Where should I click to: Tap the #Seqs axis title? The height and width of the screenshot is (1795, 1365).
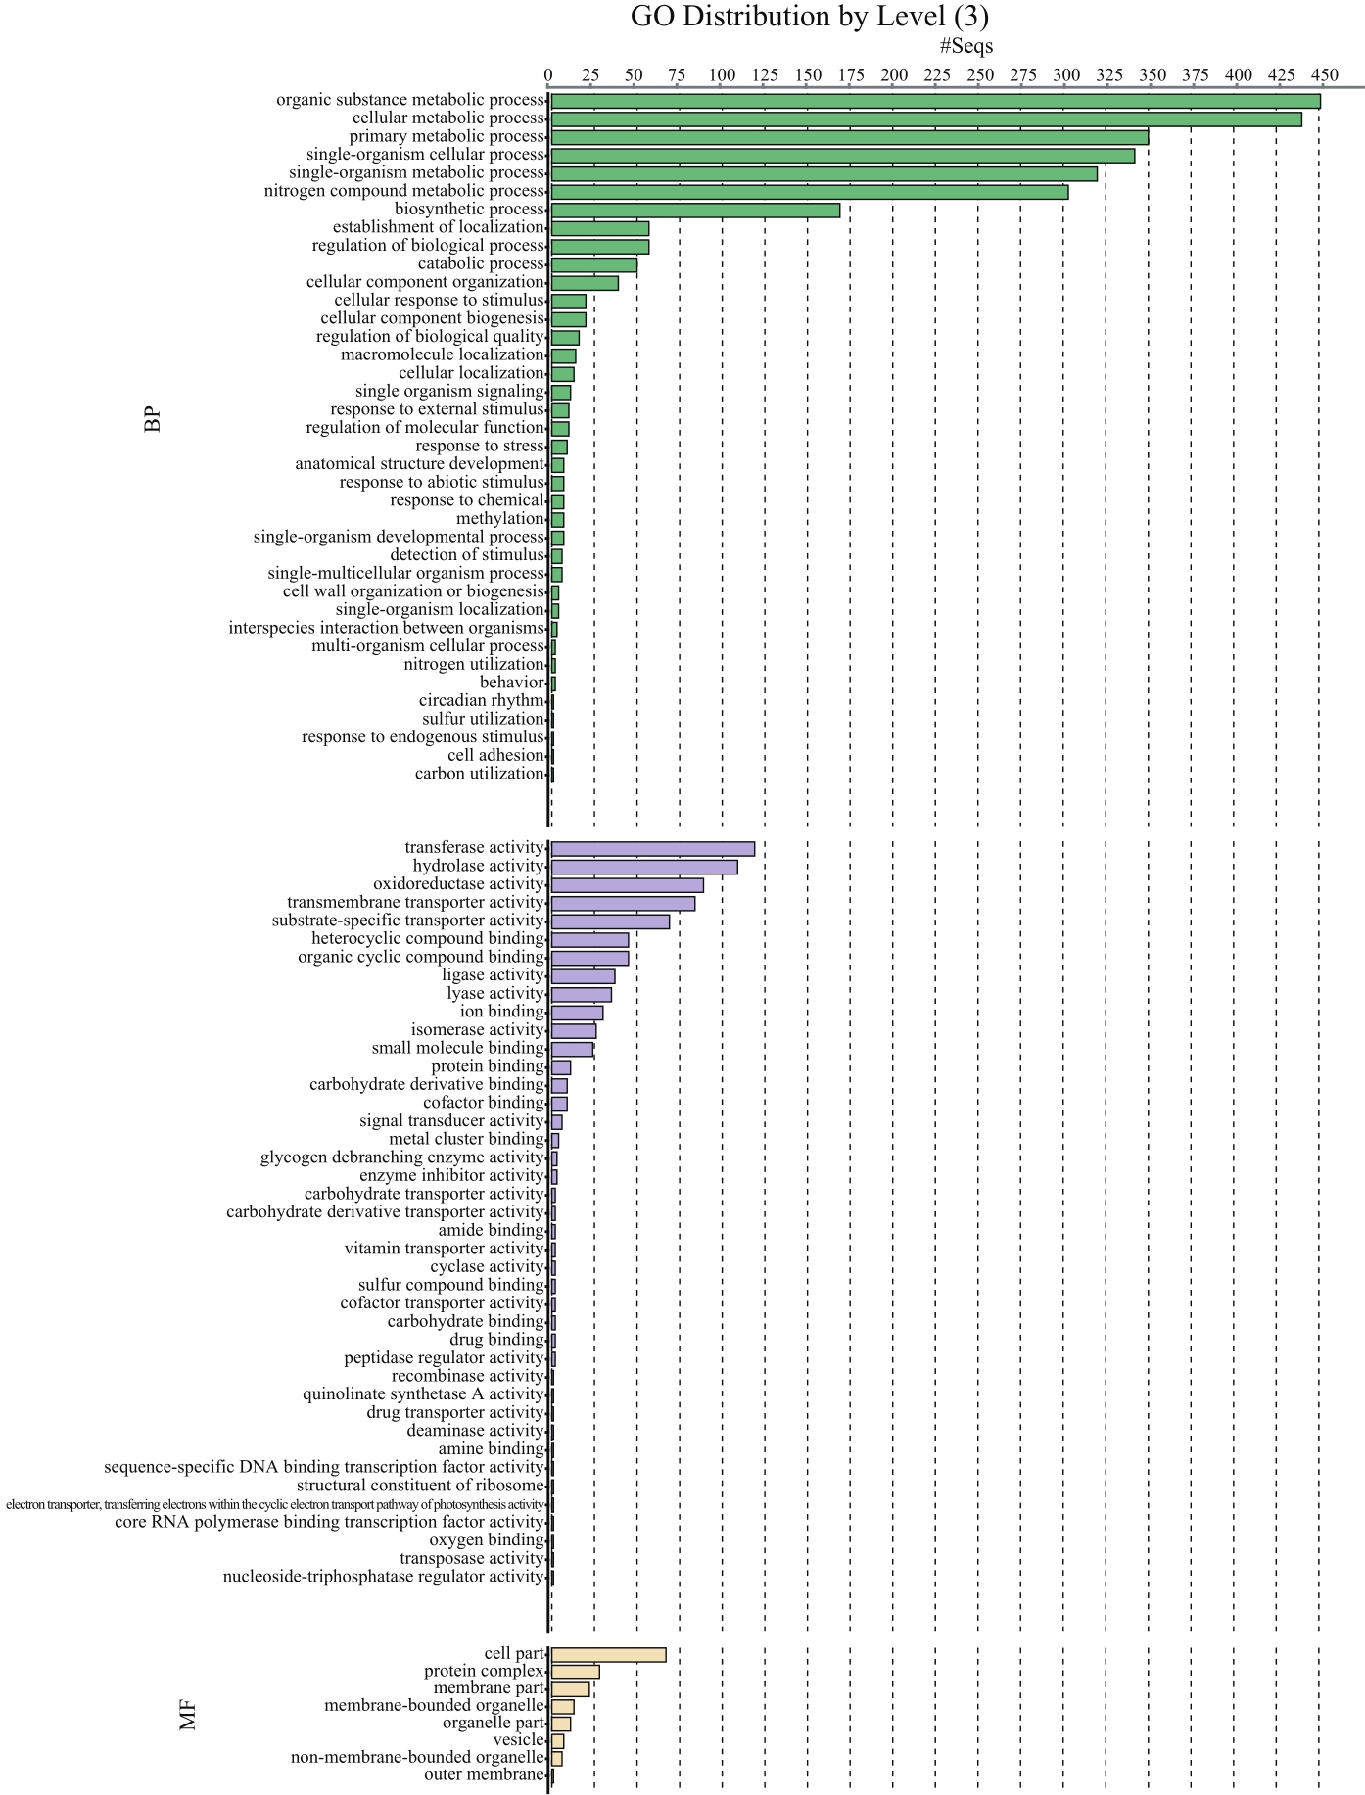pyautogui.click(x=965, y=46)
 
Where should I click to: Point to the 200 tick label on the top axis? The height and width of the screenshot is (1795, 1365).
pyautogui.click(x=893, y=75)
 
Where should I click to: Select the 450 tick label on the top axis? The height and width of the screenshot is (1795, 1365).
pyautogui.click(x=1324, y=75)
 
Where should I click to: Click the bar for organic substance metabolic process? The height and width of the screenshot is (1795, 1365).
pyautogui.click(x=935, y=101)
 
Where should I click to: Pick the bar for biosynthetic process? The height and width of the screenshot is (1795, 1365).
pyautogui.click(x=695, y=210)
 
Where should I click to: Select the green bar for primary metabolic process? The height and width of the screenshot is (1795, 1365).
pyautogui.click(x=849, y=137)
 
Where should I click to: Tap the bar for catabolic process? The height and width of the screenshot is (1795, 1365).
pyautogui.click(x=593, y=264)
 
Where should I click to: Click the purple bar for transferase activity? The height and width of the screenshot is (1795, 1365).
pyautogui.click(x=652, y=848)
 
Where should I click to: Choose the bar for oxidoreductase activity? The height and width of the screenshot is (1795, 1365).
pyautogui.click(x=627, y=885)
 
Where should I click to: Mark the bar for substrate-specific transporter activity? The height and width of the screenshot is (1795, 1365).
pyautogui.click(x=610, y=921)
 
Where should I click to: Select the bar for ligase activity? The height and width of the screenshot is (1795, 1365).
pyautogui.click(x=583, y=976)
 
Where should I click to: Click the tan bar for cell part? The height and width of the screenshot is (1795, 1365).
pyautogui.click(x=608, y=1654)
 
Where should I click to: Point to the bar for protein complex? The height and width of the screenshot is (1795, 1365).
pyautogui.click(x=575, y=1672)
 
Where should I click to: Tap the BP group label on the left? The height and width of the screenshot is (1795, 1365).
pyautogui.click(x=153, y=419)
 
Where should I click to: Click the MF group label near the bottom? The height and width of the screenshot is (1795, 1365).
pyautogui.click(x=189, y=1716)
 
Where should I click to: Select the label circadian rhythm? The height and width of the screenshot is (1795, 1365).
pyautogui.click(x=481, y=701)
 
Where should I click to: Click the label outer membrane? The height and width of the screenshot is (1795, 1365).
pyautogui.click(x=484, y=1774)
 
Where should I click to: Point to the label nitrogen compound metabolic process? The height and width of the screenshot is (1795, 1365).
pyautogui.click(x=403, y=192)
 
